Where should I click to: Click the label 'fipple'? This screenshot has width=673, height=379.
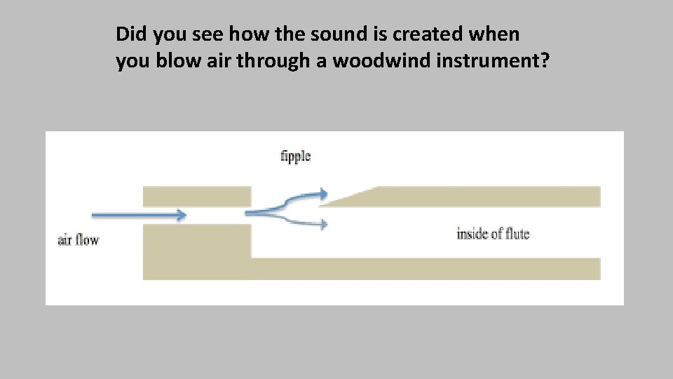click(295, 157)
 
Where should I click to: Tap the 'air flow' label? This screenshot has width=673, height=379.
click(78, 240)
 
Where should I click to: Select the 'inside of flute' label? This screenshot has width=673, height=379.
click(492, 234)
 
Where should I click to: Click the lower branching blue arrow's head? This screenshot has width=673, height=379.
click(322, 224)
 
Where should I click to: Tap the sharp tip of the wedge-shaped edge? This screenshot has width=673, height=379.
click(321, 206)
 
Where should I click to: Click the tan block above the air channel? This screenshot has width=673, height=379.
click(196, 196)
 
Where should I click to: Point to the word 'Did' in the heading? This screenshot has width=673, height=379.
click(129, 33)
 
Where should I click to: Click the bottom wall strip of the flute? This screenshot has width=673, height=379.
click(421, 269)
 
